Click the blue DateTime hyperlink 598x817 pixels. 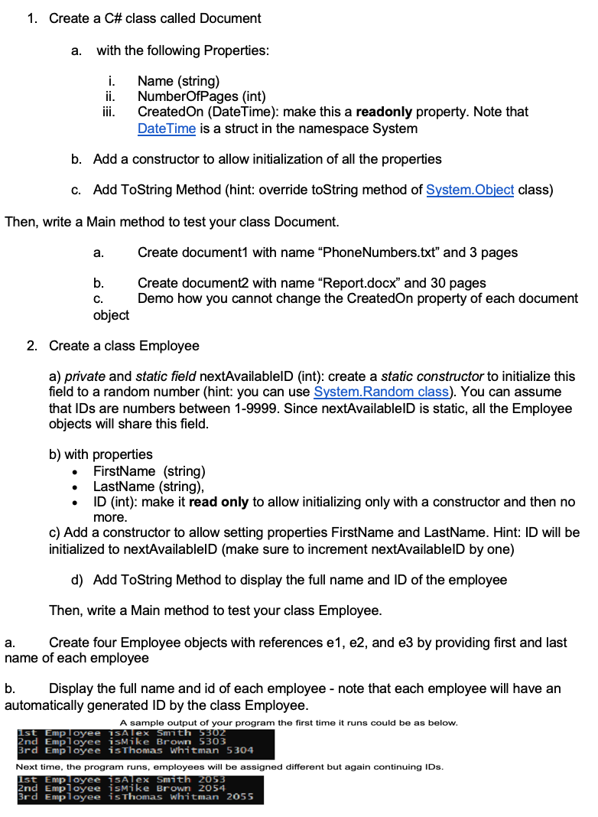coord(166,129)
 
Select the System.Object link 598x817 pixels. coord(470,190)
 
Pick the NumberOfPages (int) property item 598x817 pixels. coord(201,96)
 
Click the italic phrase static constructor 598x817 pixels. coord(432,376)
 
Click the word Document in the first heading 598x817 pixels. coord(230,18)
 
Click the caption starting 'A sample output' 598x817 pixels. coord(289,722)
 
